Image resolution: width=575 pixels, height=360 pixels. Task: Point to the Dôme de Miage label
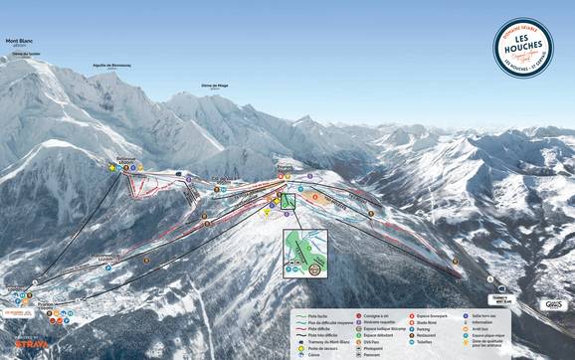click(215, 87)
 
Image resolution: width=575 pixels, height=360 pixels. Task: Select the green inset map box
click(305, 253)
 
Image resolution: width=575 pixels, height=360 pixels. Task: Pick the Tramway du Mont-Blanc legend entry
click(322, 341)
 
